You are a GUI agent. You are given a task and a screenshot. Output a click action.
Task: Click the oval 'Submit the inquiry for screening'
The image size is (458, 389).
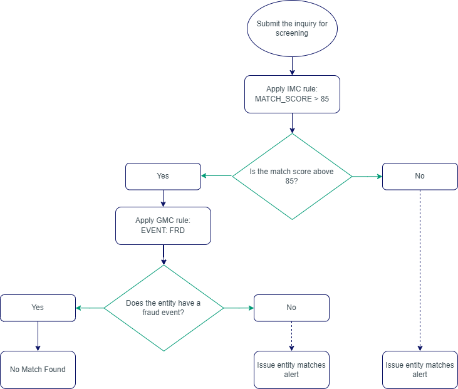tap(292, 29)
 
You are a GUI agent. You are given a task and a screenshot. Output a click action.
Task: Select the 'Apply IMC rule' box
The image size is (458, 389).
tap(292, 95)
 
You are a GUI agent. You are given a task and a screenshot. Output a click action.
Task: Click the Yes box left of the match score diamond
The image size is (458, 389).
tap(163, 176)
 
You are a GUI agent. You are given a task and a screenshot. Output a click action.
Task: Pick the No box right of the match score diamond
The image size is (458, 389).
tap(420, 176)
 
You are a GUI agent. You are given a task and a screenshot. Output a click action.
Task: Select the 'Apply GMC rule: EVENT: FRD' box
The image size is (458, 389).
tap(163, 226)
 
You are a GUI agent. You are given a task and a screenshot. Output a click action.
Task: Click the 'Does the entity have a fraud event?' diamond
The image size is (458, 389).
tap(164, 308)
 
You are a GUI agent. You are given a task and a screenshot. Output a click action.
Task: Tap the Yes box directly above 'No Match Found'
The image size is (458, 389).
tap(38, 308)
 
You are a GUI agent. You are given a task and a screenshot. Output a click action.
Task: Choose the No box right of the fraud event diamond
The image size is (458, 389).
tap(291, 308)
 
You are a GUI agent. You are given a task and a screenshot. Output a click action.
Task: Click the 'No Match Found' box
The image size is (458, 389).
tap(38, 370)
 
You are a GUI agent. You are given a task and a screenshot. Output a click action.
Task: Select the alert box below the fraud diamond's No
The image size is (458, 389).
tap(291, 370)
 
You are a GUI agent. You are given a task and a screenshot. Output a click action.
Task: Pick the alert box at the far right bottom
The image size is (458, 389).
tap(420, 370)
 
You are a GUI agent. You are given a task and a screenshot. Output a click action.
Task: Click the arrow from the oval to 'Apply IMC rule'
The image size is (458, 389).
tap(292, 66)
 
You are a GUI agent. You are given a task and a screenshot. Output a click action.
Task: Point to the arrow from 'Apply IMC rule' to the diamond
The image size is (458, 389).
tap(292, 123)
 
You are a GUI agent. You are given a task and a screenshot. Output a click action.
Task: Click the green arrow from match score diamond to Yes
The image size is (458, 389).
tap(217, 176)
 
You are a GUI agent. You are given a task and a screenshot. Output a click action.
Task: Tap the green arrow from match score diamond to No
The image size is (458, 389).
tap(367, 177)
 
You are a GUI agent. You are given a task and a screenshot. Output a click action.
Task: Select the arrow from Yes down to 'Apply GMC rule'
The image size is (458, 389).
tap(163, 199)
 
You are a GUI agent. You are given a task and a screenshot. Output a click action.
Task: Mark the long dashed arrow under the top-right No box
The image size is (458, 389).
tap(420, 269)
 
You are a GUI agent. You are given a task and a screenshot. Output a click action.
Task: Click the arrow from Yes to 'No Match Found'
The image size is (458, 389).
tap(38, 336)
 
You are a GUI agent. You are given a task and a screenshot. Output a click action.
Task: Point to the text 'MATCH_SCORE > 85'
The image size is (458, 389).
tap(292, 100)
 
